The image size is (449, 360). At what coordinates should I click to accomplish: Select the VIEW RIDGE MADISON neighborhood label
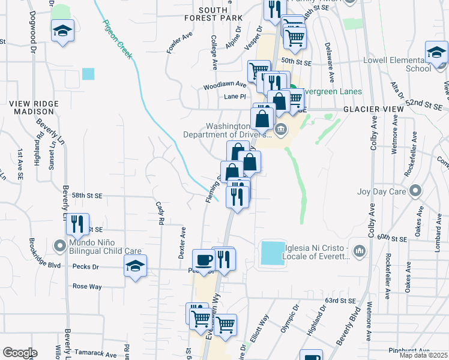34,108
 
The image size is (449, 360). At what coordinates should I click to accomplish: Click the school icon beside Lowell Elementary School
436,53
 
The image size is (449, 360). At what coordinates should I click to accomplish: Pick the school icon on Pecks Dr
135,266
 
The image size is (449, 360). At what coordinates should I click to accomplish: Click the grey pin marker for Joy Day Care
414,191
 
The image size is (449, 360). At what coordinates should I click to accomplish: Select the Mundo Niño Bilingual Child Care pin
59,245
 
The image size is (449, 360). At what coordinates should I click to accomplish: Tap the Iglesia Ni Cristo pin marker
359,250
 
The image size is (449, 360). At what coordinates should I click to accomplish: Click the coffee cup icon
203,260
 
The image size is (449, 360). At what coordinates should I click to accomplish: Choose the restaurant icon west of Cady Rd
77,224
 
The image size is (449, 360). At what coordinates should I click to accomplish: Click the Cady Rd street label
160,213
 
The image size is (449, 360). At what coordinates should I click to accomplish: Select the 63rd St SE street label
340,300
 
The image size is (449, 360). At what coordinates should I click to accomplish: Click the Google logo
20,353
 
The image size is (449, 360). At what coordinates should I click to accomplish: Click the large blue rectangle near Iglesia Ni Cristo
273,253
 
